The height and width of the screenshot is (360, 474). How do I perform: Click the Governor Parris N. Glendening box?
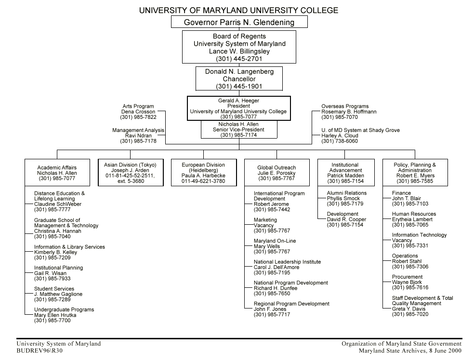[239, 22]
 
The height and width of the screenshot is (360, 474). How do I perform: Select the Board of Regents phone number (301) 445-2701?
[239, 59]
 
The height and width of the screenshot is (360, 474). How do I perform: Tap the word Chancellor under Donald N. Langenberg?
[239, 79]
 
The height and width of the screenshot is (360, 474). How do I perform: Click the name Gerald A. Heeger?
[238, 101]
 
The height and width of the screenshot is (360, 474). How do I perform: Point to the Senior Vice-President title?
[238, 130]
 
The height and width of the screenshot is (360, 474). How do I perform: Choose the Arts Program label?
[138, 106]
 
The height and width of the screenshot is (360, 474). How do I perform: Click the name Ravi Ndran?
[138, 136]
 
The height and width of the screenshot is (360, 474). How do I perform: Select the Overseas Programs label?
[345, 106]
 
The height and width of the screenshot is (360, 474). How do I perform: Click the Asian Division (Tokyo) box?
[130, 173]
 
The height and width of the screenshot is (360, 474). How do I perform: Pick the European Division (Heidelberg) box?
[203, 173]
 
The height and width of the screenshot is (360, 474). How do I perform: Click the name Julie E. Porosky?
[276, 173]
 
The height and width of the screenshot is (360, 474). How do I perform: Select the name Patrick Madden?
[345, 176]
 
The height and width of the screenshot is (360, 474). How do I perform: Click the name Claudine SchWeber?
[58, 204]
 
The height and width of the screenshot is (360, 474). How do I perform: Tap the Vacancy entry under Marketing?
[264, 225]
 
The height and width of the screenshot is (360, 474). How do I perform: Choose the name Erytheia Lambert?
[412, 219]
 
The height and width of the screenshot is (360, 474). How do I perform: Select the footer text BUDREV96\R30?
[39, 351]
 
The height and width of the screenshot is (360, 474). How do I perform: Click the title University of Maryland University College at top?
[238, 10]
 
